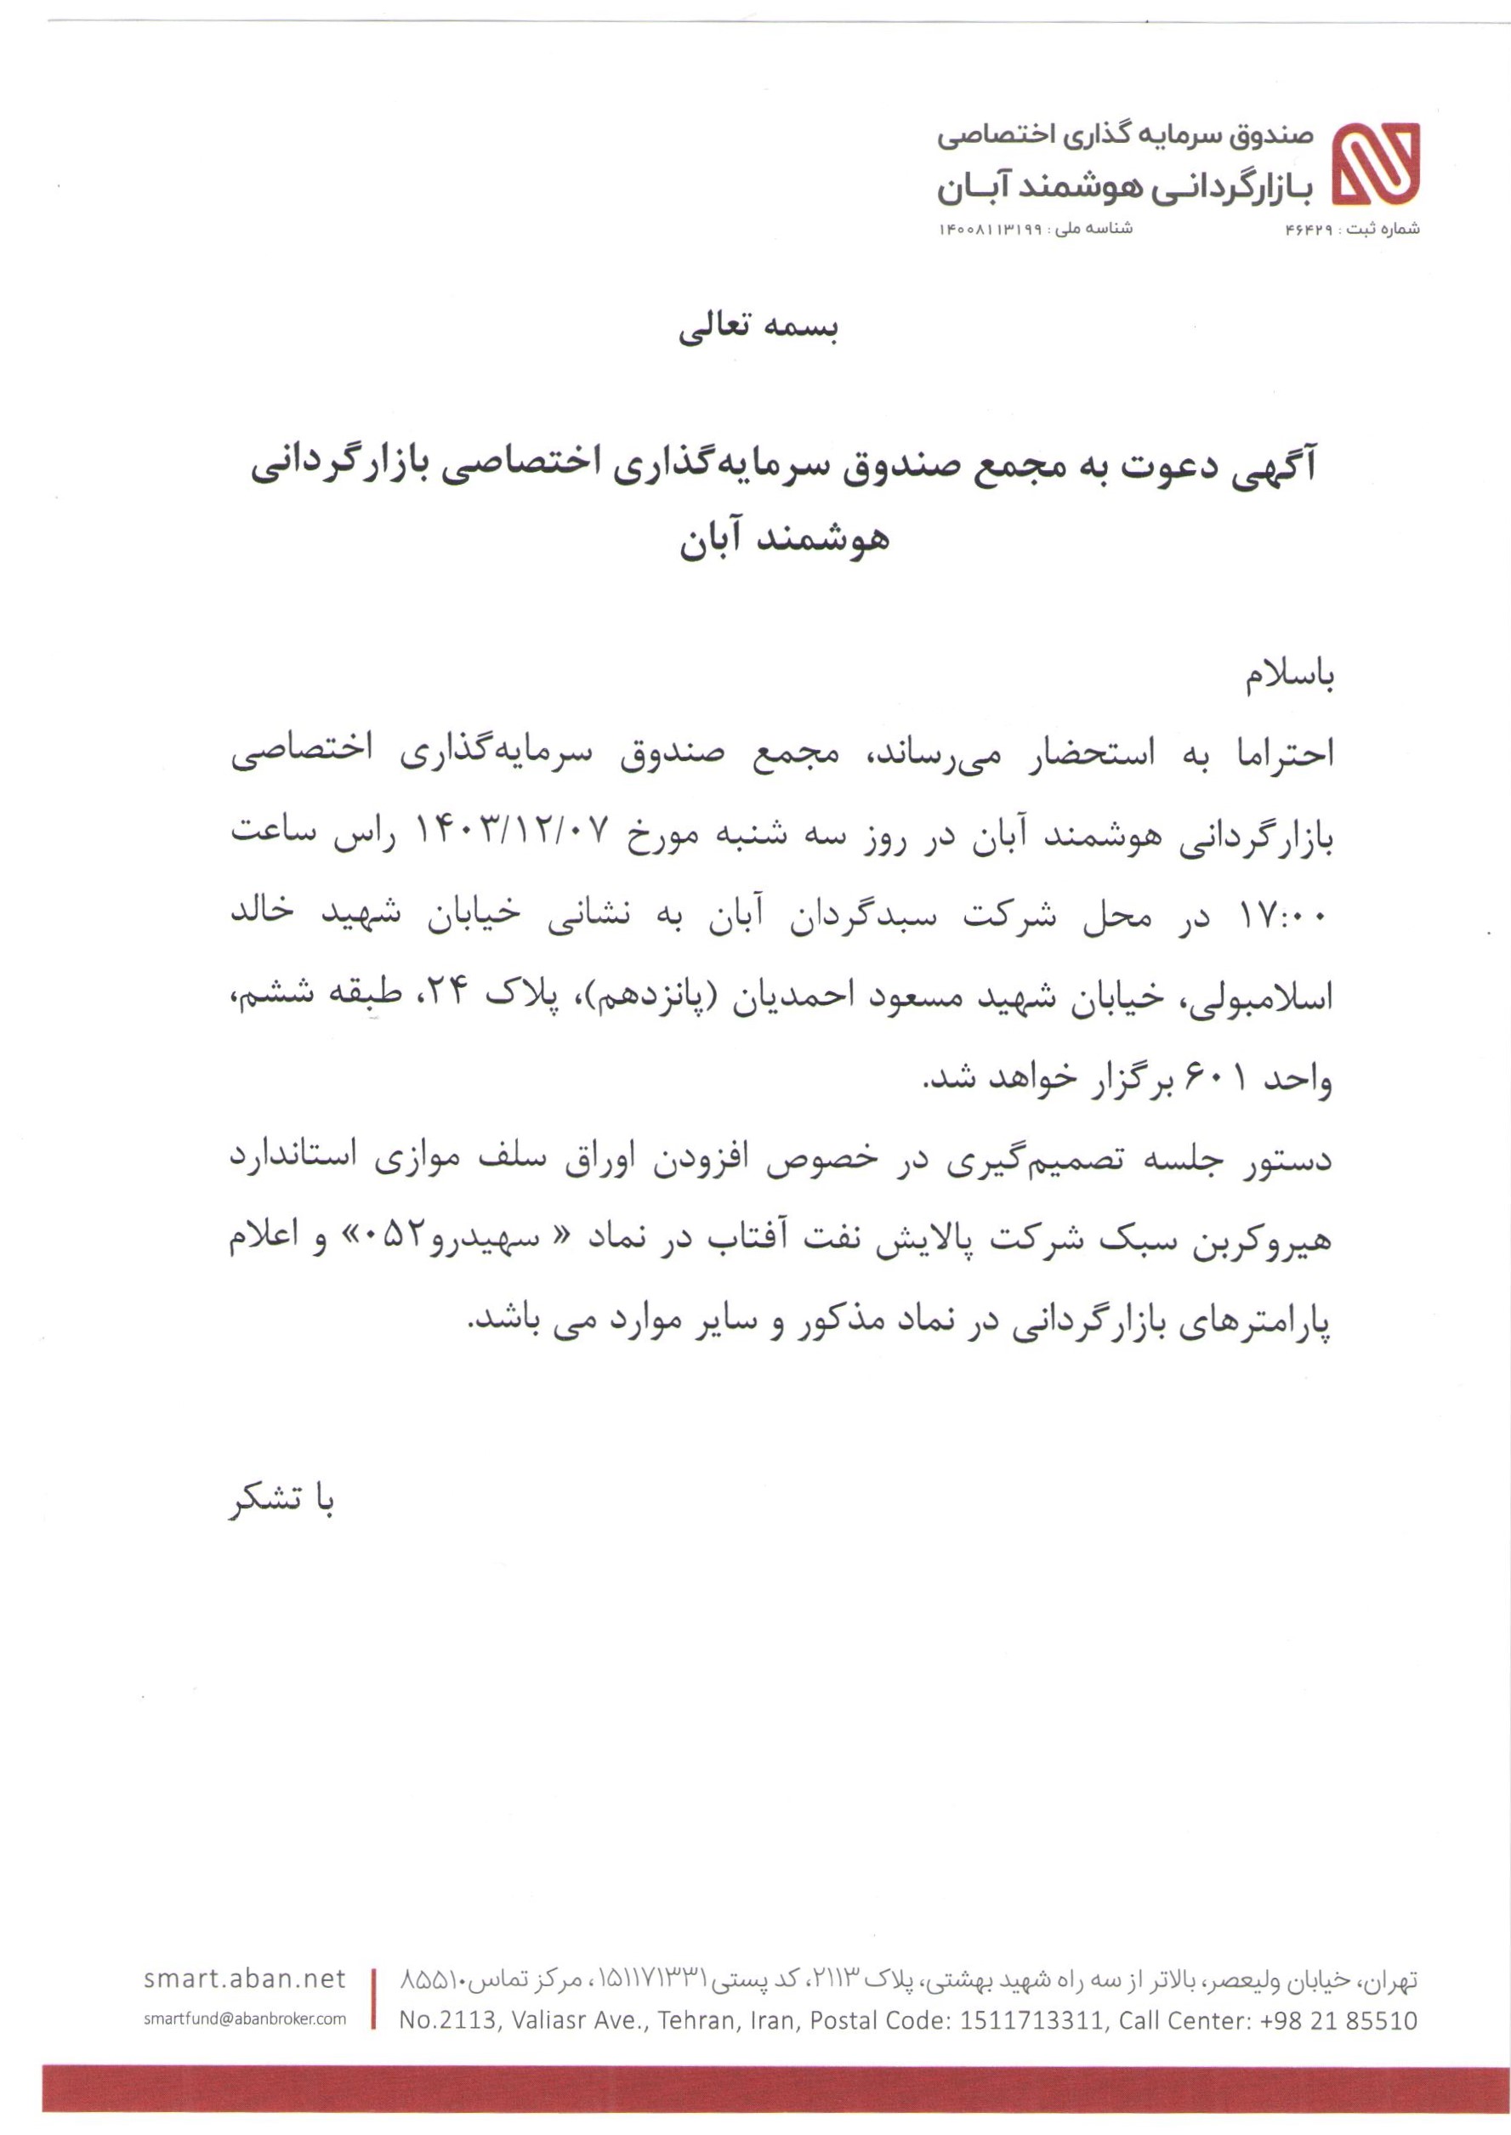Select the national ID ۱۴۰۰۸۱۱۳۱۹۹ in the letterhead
989,228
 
